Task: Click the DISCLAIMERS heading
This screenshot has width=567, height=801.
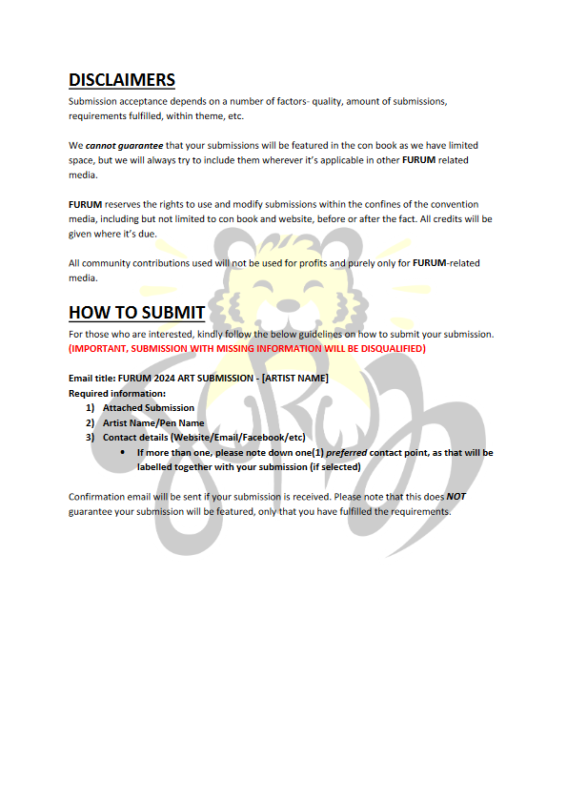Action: pos(121,80)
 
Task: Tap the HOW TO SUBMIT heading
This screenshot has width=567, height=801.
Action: pos(136,313)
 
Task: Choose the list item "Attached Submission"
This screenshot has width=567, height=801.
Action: pos(148,408)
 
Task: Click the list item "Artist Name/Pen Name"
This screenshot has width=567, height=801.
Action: pos(153,422)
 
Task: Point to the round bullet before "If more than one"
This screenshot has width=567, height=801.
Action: pos(124,452)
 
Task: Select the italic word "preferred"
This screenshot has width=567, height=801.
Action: pos(346,452)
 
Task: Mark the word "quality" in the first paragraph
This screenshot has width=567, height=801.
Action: pos(280,101)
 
